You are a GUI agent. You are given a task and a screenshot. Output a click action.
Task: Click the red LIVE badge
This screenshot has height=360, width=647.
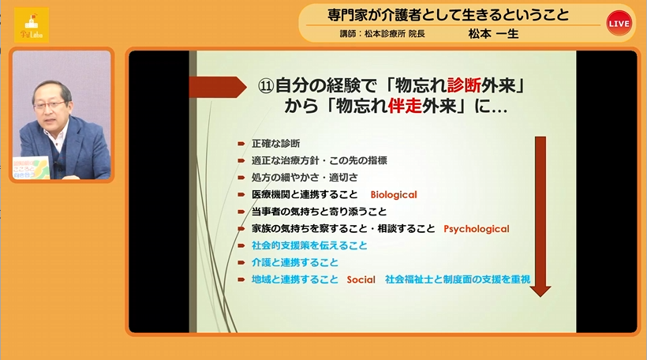619,23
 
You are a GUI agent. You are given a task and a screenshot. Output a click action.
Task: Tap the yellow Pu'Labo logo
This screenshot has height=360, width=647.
32,25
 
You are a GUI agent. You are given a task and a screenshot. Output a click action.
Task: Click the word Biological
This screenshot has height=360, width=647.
394,195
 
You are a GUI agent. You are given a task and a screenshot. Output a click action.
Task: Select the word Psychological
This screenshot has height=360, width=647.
476,229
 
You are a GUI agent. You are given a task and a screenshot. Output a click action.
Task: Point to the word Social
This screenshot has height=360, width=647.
361,279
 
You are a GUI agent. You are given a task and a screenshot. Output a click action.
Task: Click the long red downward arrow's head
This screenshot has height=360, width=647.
540,291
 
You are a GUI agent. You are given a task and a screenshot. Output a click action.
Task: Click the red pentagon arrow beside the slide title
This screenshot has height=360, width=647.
218,87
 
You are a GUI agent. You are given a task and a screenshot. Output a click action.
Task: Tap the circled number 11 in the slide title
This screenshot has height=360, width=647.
266,86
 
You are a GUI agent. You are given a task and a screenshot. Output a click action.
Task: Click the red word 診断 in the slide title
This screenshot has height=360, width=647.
464,86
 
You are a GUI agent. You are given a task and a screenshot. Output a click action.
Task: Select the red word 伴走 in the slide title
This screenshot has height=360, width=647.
405,106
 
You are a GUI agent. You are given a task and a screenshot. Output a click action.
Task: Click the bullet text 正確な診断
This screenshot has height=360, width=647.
275,144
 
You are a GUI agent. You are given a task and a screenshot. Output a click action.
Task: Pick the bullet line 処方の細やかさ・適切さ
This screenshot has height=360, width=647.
305,178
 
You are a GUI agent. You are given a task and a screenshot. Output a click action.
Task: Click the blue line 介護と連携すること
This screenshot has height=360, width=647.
294,263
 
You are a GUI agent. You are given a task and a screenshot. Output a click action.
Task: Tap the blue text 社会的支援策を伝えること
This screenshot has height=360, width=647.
309,246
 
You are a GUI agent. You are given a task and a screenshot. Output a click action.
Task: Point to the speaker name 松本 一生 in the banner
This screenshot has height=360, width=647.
493,34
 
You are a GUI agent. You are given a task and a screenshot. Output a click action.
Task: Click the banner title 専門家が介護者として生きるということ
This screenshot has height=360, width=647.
448,15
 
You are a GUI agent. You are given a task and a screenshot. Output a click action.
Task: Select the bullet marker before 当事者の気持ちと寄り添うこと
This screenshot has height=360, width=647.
241,212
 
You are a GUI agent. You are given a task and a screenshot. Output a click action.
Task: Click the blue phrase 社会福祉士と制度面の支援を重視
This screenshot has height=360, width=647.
458,279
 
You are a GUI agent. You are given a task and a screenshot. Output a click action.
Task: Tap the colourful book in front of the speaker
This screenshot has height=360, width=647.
31,167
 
